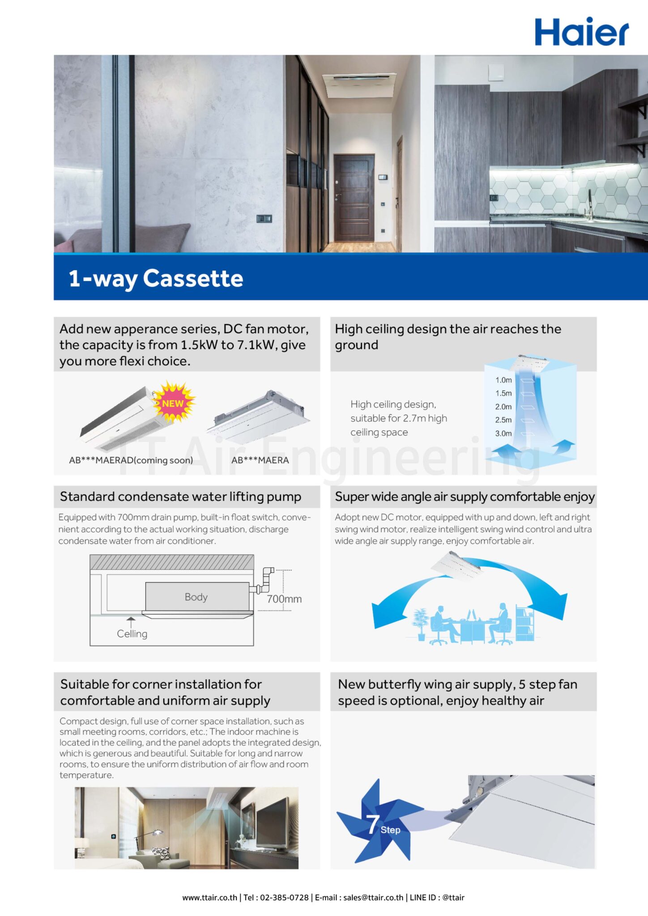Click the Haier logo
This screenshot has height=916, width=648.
[x=581, y=32]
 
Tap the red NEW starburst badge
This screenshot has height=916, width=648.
[x=173, y=403]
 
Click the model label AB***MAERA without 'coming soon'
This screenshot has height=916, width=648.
[x=260, y=460]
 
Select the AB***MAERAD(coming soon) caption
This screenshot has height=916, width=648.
[x=131, y=460]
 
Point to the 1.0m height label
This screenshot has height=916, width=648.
[x=503, y=380]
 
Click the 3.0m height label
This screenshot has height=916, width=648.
[x=503, y=433]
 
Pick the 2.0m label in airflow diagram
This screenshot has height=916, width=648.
[x=503, y=407]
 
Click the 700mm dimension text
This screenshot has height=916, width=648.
[x=284, y=599]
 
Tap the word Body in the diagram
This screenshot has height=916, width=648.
[x=196, y=597]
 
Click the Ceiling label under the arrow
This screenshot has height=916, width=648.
[x=132, y=634]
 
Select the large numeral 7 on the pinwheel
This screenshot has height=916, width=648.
[x=373, y=824]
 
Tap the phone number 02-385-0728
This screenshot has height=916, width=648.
[x=284, y=897]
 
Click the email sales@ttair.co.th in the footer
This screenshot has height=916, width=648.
[x=373, y=897]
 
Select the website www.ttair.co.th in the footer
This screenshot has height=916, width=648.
[x=209, y=897]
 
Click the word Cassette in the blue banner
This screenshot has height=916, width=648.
[x=193, y=278]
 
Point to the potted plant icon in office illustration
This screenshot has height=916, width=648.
[x=421, y=623]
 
